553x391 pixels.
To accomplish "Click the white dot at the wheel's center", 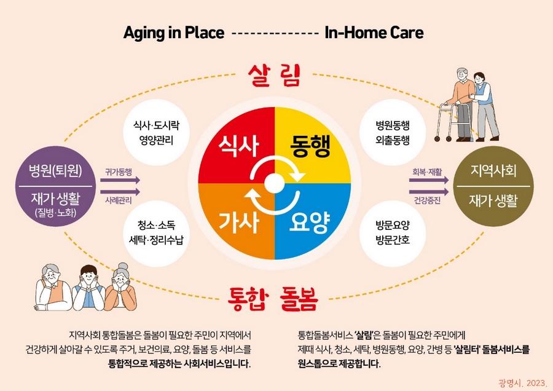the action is point(275,183).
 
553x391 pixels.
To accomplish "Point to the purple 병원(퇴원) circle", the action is point(56,186).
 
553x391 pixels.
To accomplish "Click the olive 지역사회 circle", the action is point(493,186).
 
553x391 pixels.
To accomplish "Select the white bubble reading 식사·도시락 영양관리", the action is point(156,133).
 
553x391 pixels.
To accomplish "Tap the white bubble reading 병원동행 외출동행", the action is point(393,133).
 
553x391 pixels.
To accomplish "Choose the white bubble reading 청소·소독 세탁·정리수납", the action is point(156,233).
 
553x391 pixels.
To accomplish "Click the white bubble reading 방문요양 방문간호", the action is point(393,233).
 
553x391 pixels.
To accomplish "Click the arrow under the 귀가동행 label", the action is point(120,180).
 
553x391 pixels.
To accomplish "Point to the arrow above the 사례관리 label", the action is point(120,192).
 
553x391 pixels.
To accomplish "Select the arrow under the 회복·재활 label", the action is point(429,180).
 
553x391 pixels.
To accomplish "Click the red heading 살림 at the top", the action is point(274,75).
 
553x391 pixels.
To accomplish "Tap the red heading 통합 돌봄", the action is point(273,299).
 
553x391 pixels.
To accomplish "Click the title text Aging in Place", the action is point(174,33).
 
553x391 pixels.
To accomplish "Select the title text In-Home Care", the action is point(374,33).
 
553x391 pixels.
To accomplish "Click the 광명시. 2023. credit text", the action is point(522,383).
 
